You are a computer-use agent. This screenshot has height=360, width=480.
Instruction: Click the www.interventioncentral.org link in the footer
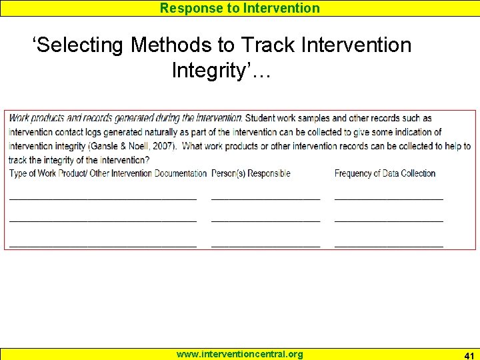click(x=239, y=354)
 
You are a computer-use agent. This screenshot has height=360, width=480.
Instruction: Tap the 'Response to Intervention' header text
click(x=240, y=8)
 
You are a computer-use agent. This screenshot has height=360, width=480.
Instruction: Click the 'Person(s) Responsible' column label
click(x=251, y=173)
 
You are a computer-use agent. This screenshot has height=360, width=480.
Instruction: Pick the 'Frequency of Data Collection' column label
click(x=385, y=173)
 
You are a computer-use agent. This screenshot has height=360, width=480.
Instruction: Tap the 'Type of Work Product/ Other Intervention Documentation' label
click(x=108, y=173)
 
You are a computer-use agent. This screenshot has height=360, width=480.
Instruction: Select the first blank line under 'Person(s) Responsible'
click(x=265, y=198)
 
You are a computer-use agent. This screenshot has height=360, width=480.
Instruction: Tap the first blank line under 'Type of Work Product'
click(x=103, y=198)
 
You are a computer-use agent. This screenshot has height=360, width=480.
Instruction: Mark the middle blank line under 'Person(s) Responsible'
click(x=265, y=219)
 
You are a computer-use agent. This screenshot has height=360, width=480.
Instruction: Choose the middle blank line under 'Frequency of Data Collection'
click(x=389, y=219)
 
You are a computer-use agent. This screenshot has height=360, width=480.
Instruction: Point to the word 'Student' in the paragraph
click(x=263, y=118)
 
